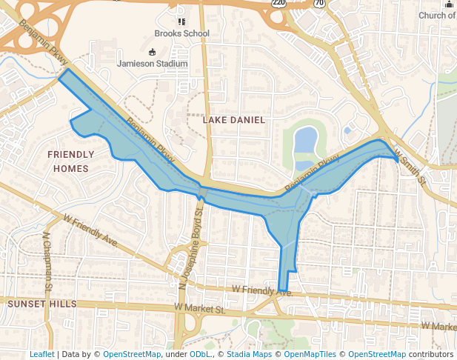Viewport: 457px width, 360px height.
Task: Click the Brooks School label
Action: pyautogui.click(x=181, y=33)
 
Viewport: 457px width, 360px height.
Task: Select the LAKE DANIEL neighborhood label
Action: pyautogui.click(x=233, y=119)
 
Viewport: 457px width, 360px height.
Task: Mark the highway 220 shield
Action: pyautogui.click(x=278, y=3)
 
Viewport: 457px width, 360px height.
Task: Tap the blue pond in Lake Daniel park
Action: pyautogui.click(x=305, y=139)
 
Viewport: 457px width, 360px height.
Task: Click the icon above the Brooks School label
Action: pyautogui.click(x=181, y=21)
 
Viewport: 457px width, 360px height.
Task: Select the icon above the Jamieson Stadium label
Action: pyautogui.click(x=153, y=52)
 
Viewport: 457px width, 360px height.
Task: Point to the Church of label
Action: pyautogui.click(x=436, y=16)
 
